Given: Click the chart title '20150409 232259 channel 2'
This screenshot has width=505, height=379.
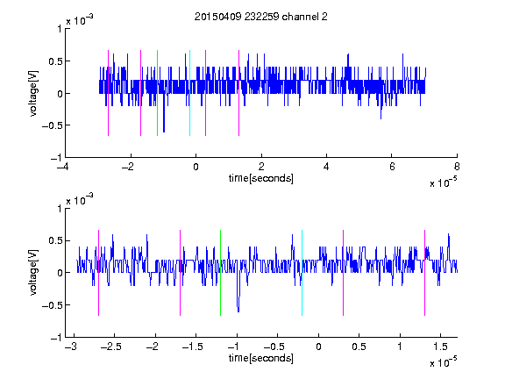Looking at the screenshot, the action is tap(261, 17).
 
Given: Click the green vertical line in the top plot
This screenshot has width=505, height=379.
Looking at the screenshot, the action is tap(157, 93).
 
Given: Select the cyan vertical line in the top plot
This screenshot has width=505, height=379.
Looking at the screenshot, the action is tap(189, 93).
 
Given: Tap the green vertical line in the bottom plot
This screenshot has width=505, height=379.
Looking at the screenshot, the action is tap(220, 273).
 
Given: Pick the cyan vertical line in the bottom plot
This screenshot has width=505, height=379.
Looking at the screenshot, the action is tap(302, 273).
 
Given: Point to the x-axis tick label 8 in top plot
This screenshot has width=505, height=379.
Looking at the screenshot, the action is tap(457, 167).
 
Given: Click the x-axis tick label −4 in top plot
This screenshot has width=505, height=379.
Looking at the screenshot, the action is tap(62, 167).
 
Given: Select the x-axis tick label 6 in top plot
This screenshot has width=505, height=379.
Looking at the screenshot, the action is tap(392, 167).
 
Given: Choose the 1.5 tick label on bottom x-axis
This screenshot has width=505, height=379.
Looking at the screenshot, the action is tap(440, 347).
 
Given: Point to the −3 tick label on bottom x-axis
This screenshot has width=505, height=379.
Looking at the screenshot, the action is tap(71, 347).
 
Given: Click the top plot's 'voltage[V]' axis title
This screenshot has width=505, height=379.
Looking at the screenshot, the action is tap(33, 93).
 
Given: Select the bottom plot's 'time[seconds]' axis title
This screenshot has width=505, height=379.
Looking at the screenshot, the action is tap(261, 358).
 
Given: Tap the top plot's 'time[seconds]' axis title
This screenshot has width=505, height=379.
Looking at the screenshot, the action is tap(261, 178).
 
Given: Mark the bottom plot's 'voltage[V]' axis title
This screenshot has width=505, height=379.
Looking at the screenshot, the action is tap(33, 273).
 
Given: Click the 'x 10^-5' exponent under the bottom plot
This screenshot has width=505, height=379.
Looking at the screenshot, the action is tap(443, 362).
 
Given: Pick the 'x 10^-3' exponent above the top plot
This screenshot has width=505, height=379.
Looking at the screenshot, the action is tap(80, 20).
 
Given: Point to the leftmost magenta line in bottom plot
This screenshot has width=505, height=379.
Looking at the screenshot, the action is tap(98, 273).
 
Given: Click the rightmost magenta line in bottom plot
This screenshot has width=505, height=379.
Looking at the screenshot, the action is tap(424, 273).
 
